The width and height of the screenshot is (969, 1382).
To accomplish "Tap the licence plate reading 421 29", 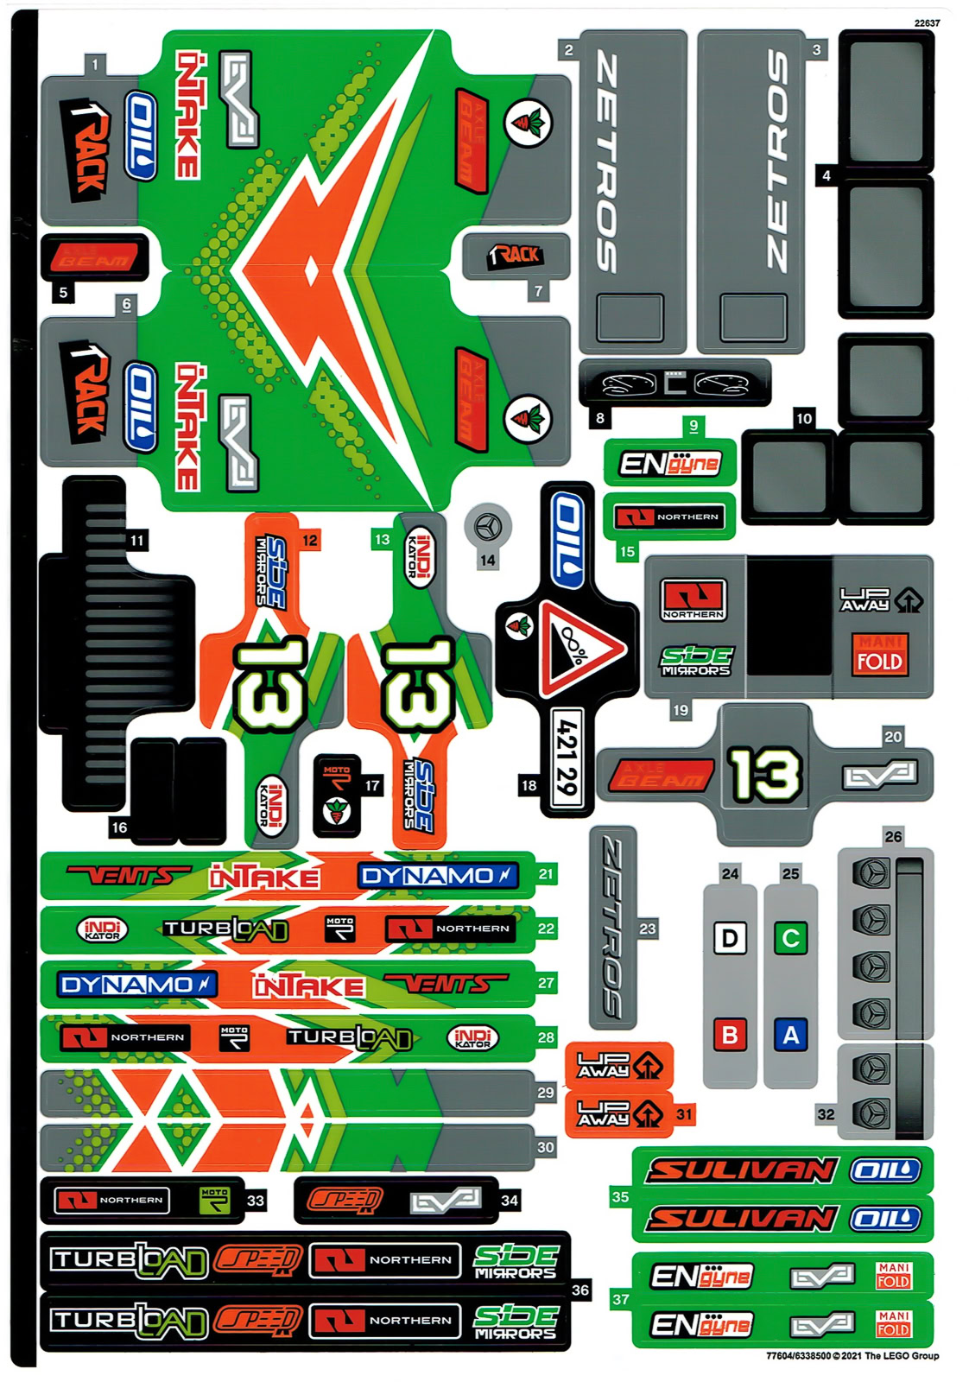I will (x=567, y=758).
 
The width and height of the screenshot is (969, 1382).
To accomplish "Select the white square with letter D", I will (x=730, y=938).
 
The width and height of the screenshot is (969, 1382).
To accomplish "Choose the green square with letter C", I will (x=790, y=938).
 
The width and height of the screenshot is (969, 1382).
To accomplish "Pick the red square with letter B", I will (x=730, y=1034).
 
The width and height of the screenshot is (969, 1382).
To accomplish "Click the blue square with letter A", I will (x=790, y=1034).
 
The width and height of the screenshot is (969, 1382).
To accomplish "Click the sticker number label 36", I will (x=580, y=1290).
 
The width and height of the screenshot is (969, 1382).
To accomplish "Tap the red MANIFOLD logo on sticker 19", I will (x=879, y=654).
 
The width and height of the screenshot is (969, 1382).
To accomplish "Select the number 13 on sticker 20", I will (x=764, y=773).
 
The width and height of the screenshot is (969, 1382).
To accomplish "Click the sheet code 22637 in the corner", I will (x=927, y=23).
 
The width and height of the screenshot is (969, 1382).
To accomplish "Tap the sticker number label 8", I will (x=599, y=419).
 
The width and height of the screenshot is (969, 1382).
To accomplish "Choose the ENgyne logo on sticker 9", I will (x=669, y=465).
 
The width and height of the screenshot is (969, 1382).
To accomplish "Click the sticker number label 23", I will (x=648, y=929).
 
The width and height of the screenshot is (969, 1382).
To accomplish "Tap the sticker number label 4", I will (x=826, y=175).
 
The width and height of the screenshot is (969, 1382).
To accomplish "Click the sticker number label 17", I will (x=372, y=786).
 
